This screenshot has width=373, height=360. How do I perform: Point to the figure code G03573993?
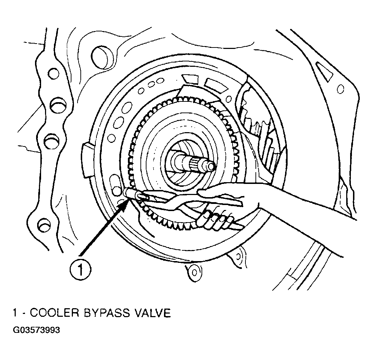(x=36, y=331)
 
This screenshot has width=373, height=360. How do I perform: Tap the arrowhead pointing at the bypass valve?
(x=126, y=205)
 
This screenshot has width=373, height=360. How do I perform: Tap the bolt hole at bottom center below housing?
(x=194, y=272)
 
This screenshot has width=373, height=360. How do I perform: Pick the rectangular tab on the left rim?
(x=87, y=160)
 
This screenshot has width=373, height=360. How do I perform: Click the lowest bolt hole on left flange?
(x=45, y=225)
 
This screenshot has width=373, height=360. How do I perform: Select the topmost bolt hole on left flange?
(x=53, y=74)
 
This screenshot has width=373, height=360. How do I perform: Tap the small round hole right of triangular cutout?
(x=340, y=89)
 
